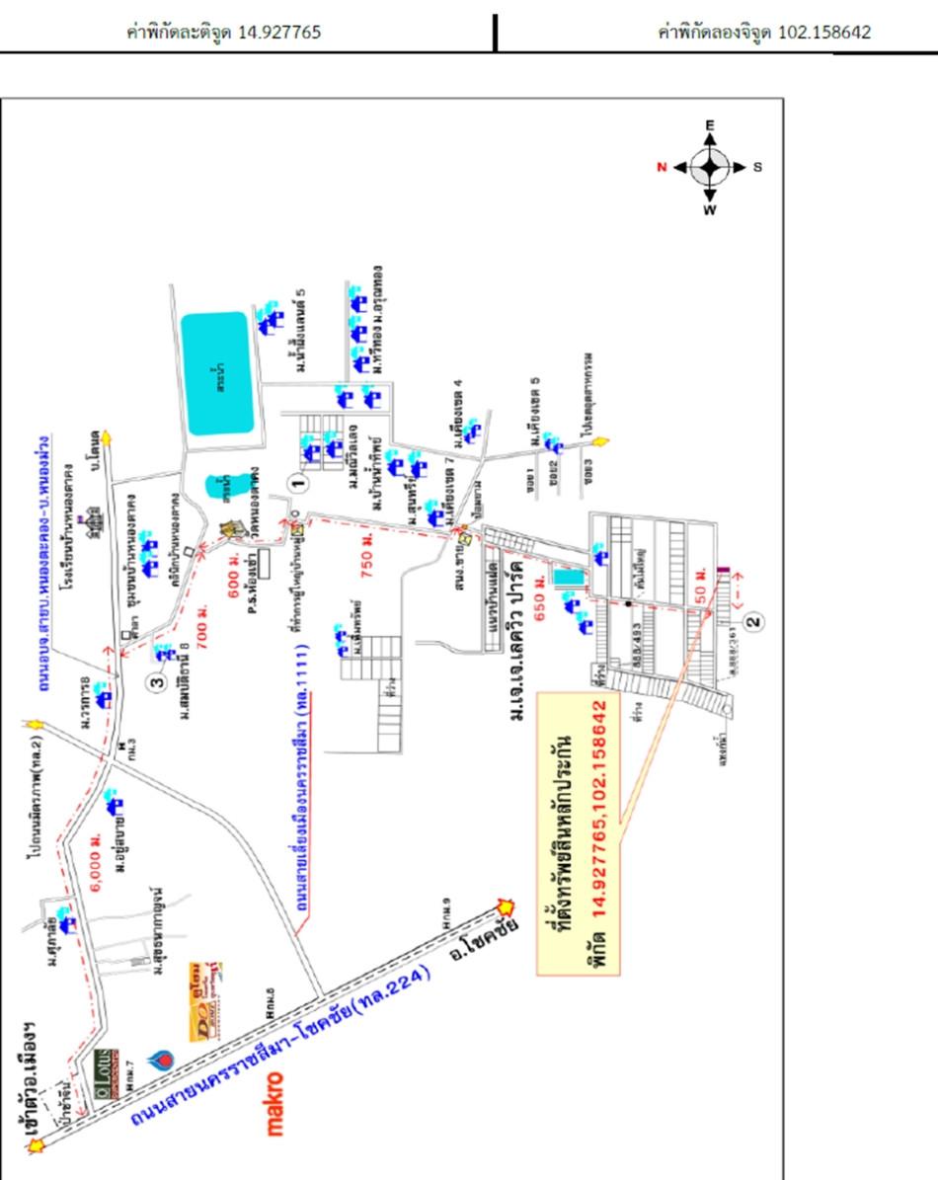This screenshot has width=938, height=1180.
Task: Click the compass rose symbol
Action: click(x=710, y=167)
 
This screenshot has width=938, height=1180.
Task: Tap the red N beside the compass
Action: click(x=663, y=167)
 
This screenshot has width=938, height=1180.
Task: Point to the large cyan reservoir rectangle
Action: click(x=216, y=373)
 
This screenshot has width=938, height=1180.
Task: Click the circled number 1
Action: click(x=293, y=482)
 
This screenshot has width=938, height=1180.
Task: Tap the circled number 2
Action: click(x=753, y=622)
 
